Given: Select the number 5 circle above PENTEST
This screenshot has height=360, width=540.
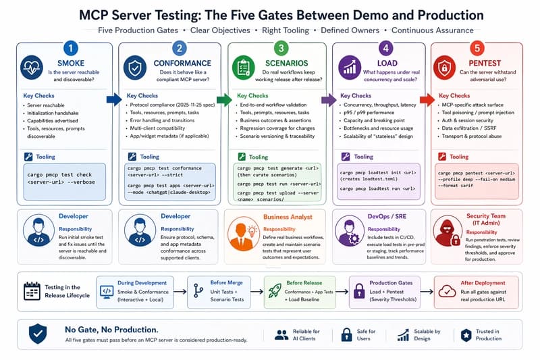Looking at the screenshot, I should coord(477,48).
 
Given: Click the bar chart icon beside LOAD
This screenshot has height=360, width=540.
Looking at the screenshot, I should coord(350,68).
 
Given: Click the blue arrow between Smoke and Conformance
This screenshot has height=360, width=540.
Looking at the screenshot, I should coord(113,100).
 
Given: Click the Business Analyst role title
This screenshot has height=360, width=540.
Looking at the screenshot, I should coord(288,216).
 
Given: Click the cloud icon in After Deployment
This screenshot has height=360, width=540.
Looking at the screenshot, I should coord(447,290).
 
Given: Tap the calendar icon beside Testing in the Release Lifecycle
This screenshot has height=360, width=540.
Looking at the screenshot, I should coord(32,291).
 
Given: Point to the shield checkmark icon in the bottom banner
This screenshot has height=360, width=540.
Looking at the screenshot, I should coord(38,334).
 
